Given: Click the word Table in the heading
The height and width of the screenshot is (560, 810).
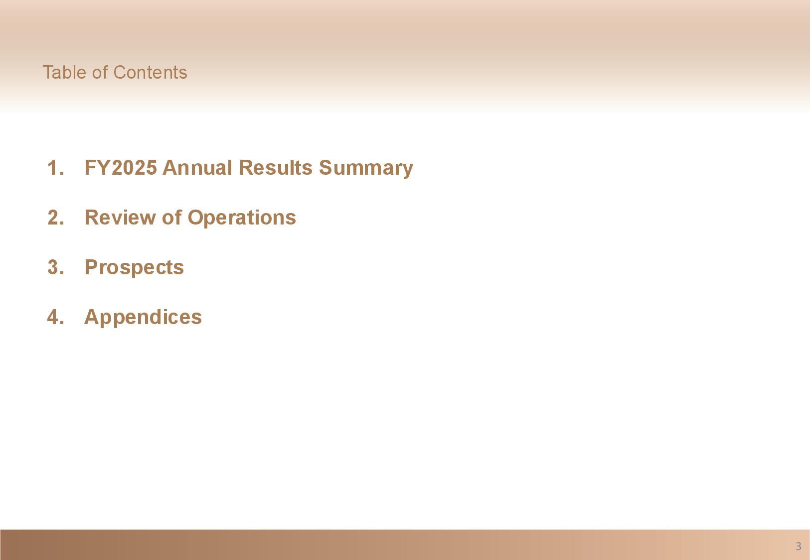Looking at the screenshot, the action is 65,72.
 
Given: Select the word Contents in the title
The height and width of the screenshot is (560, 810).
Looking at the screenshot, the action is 150,72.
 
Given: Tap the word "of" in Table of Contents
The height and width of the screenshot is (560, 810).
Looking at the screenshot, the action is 100,72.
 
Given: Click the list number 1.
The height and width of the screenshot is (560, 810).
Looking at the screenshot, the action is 56,168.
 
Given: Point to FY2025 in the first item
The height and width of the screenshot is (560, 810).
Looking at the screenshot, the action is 121,168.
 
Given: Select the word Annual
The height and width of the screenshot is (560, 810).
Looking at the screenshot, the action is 197,168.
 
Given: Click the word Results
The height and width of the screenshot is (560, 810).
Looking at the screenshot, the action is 276,168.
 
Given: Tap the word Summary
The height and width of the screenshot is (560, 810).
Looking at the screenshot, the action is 365,169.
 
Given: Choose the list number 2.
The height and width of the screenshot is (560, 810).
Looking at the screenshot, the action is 56,218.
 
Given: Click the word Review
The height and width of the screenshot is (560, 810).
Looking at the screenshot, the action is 120,218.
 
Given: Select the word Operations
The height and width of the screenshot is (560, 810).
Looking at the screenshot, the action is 242,219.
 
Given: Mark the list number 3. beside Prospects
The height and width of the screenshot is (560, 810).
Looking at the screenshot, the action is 56,267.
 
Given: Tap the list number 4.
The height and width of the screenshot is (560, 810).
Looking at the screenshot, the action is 56,318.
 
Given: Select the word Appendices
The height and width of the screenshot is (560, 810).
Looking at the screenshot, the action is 143,318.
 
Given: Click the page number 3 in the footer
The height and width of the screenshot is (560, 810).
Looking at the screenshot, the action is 799,546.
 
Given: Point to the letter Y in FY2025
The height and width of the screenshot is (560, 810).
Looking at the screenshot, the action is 104,168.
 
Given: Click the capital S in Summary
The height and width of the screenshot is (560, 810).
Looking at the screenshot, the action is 326,168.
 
